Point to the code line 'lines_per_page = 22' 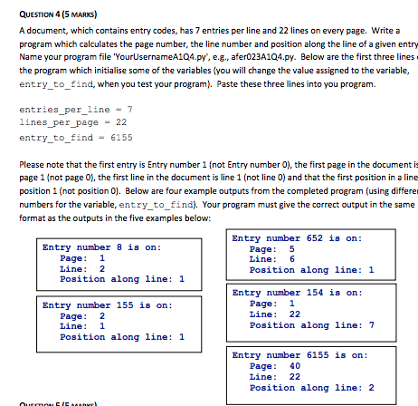coord(61,122)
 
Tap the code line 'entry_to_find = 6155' coord(63,136)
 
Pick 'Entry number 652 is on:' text coord(296,237)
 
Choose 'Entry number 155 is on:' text coord(106,305)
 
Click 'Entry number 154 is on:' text coord(296,294)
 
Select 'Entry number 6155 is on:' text coord(299,354)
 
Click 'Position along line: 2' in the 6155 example coord(310,388)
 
